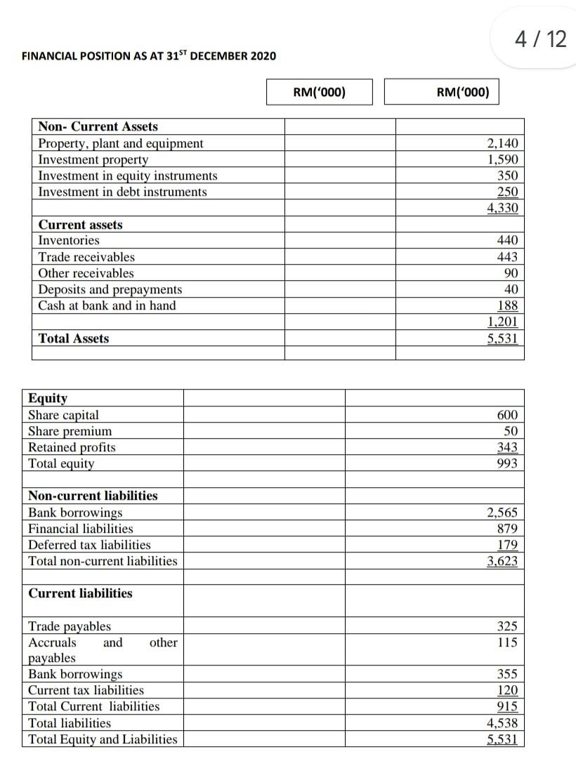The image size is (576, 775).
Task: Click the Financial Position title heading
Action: point(149,55)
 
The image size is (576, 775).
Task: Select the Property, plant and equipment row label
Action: point(120,143)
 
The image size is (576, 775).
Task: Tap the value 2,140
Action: point(502,143)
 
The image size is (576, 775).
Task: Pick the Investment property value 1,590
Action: point(502,159)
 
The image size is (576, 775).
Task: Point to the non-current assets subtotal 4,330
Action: point(502,208)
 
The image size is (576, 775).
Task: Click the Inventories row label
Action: point(69,241)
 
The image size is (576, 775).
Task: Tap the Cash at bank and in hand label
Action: point(107,305)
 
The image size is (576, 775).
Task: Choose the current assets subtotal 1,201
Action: point(502,322)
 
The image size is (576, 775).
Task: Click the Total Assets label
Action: point(74,338)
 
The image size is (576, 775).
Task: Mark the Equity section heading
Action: point(48,398)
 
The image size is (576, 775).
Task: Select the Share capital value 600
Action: point(507,415)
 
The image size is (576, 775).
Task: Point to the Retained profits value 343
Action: point(507,447)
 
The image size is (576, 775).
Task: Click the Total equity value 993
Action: point(507,463)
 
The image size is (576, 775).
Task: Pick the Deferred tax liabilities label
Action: point(89,545)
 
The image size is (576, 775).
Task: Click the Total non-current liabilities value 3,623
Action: point(502,561)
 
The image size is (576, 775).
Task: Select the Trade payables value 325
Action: point(507,626)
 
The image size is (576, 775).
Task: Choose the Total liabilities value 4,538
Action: point(502,722)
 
